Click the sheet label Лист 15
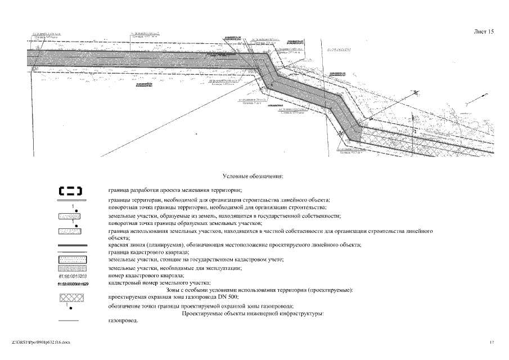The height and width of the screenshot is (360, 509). tap(483, 32)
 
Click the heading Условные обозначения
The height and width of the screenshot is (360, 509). tap(253, 177)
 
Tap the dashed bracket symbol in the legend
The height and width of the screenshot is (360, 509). tap(71, 191)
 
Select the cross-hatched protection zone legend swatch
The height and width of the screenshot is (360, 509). tap(71, 297)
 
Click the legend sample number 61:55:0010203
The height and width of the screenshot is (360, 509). tap(70, 276)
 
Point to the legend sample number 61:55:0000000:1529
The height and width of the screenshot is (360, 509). tap(70, 283)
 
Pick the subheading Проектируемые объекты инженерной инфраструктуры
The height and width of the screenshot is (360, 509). tap(253, 313)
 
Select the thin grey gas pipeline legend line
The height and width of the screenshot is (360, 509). tap(71, 321)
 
